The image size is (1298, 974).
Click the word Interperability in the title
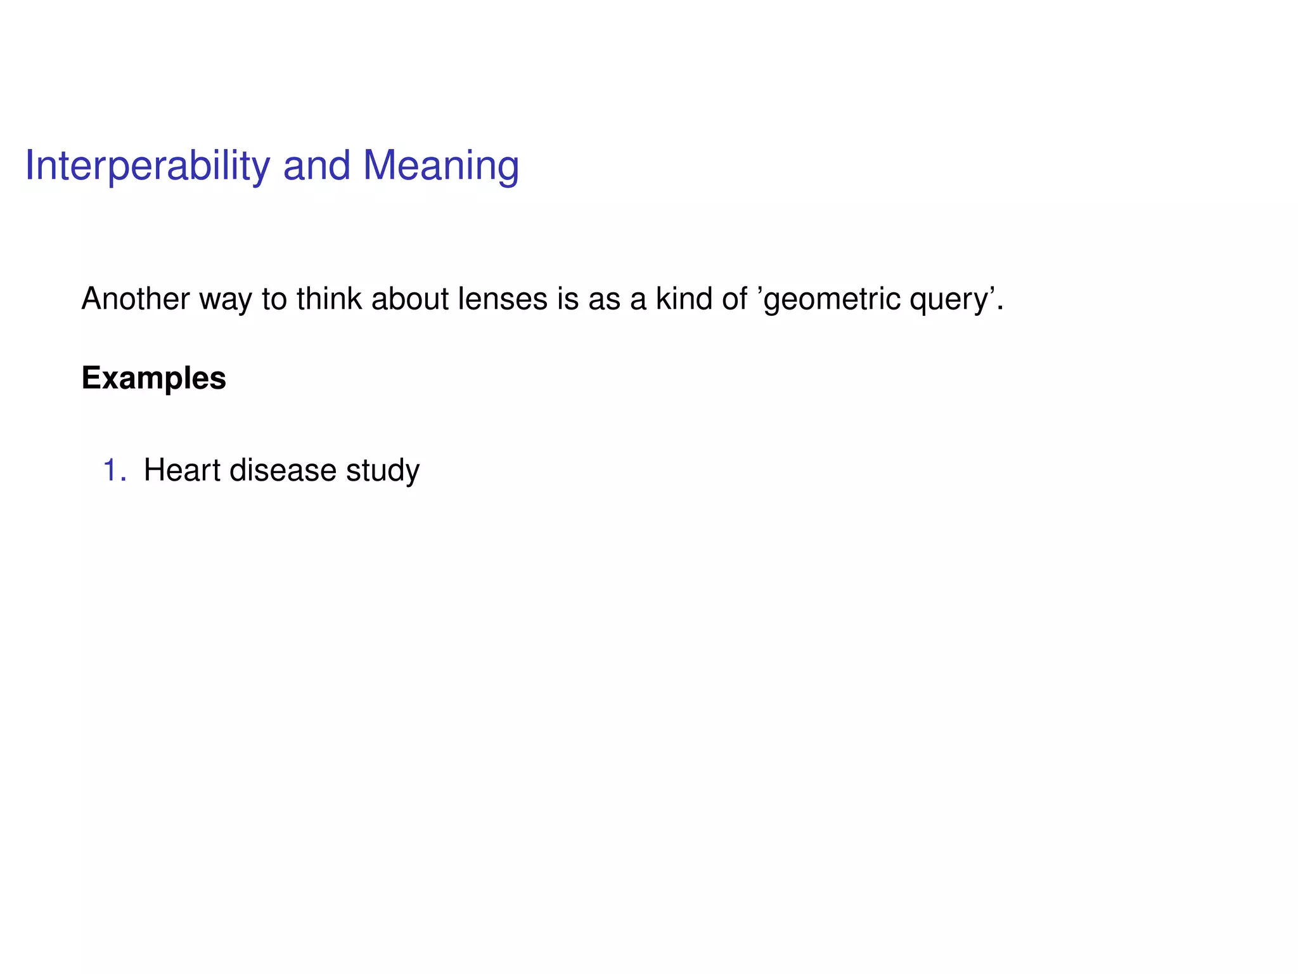[x=147, y=166]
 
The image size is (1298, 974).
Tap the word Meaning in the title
[x=440, y=166]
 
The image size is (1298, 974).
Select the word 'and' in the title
[x=316, y=166]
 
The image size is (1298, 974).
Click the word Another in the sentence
[x=135, y=299]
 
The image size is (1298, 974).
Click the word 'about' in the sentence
[x=409, y=299]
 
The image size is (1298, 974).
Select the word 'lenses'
[x=502, y=299]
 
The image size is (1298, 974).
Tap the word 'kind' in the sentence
[x=683, y=299]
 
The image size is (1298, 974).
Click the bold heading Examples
[x=153, y=379]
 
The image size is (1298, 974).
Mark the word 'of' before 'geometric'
[x=735, y=299]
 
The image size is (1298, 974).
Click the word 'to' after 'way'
[x=274, y=299]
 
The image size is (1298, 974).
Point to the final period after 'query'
[x=1001, y=308]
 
